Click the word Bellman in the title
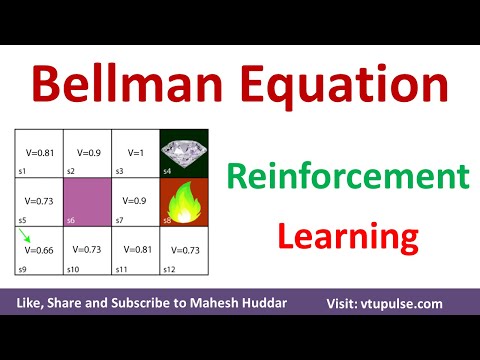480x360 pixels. pyautogui.click(x=128, y=82)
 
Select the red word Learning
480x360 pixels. pyautogui.click(x=346, y=237)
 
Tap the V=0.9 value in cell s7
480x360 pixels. pyautogui.click(x=134, y=200)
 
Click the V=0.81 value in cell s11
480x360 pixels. pyautogui.click(x=134, y=248)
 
